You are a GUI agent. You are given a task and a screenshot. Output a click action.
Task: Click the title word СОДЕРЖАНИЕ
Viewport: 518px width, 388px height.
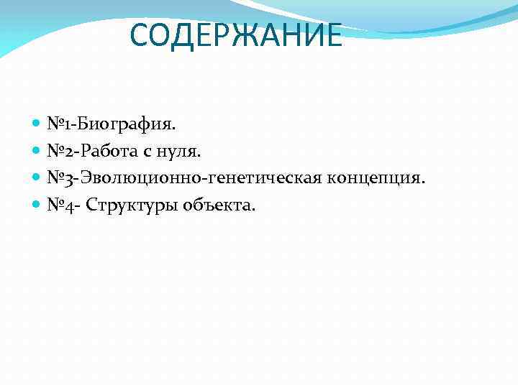pos(237,36)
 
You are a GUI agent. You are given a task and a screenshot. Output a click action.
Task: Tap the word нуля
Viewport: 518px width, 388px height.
pos(182,151)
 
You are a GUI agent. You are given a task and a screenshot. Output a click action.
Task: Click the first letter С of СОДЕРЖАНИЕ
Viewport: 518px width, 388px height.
pos(141,36)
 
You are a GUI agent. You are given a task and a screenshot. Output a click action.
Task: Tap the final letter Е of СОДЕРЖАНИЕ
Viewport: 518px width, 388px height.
pos(333,36)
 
